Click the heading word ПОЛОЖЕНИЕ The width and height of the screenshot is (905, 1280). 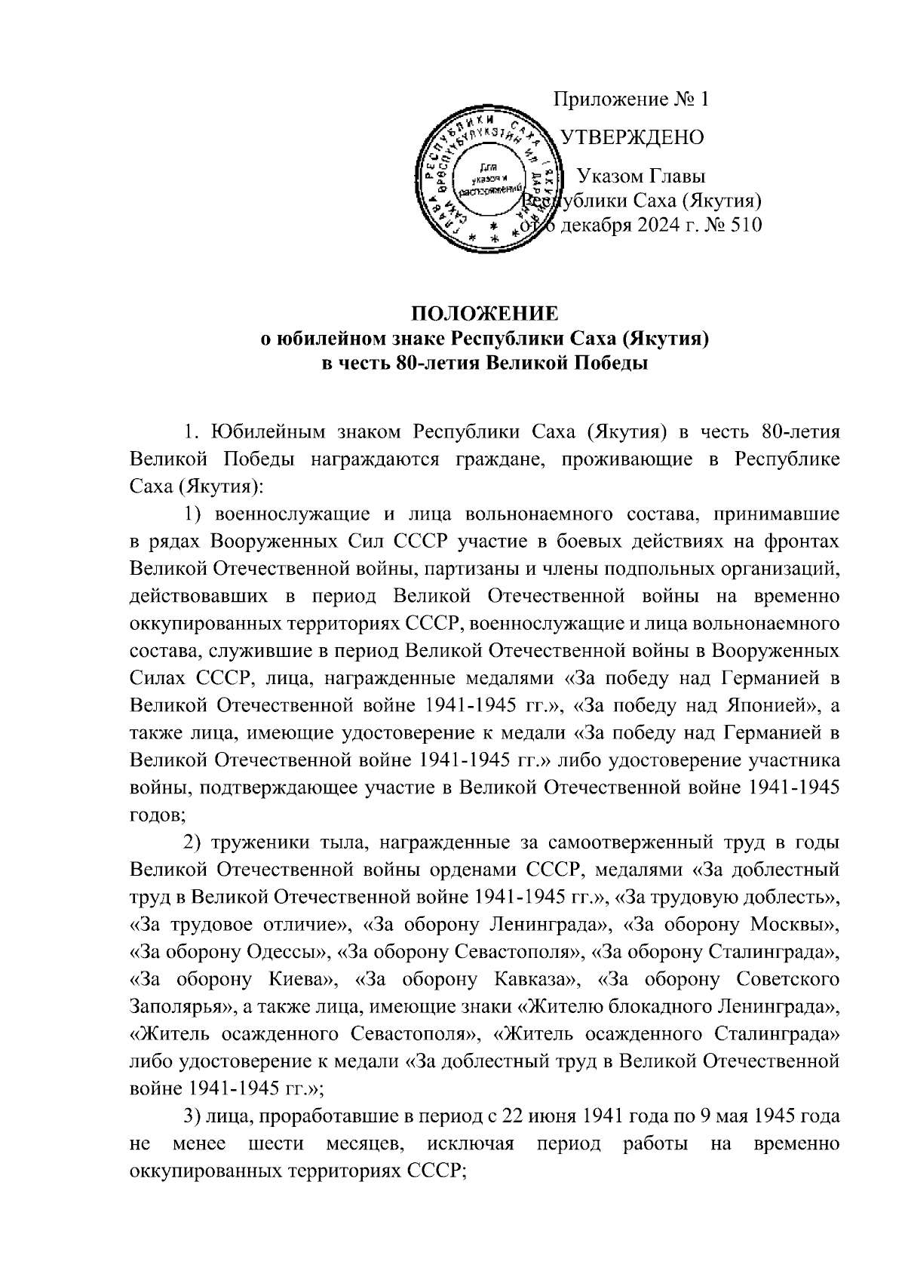coord(483,313)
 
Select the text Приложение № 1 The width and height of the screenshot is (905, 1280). coord(632,99)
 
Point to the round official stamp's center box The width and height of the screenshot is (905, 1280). coord(491,181)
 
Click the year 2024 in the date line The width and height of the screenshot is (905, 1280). coord(644,225)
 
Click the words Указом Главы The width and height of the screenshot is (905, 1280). coord(641,176)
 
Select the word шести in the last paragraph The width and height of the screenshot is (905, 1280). coord(276,1143)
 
